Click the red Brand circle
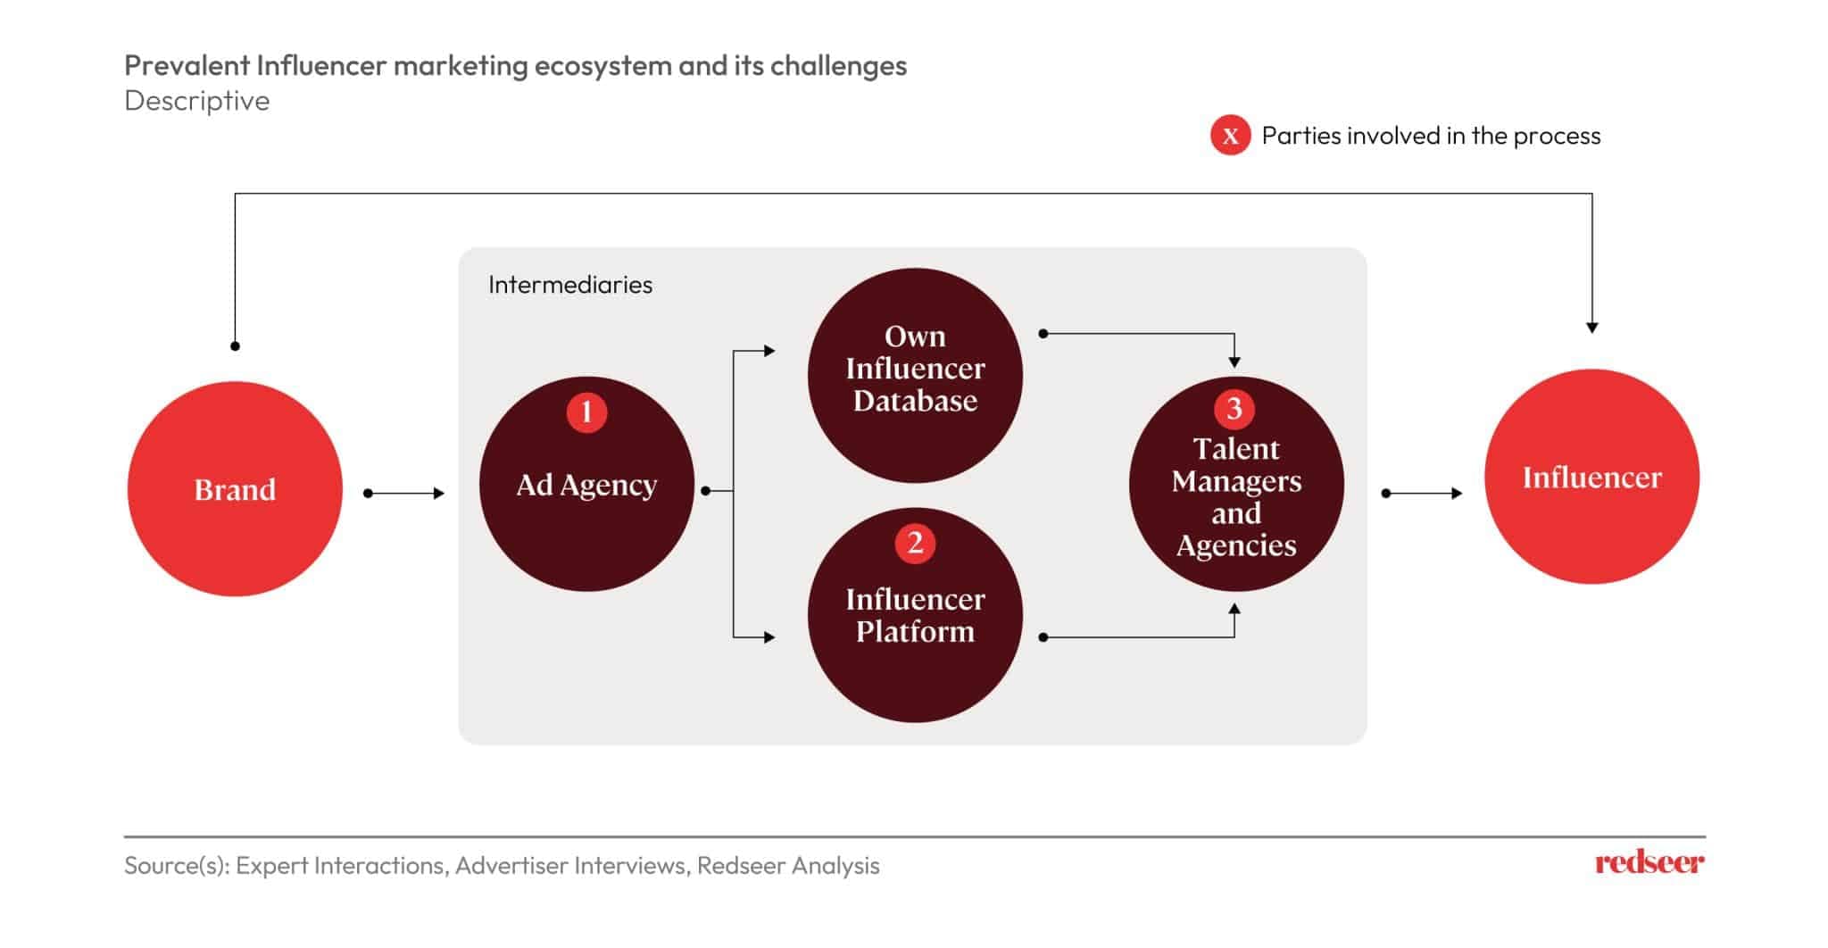(235, 488)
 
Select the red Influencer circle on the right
(1591, 477)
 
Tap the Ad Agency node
(586, 485)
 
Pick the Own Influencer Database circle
(915, 375)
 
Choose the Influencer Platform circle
(915, 616)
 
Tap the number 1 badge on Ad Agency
(586, 412)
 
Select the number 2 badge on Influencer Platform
(915, 544)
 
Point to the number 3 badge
(1234, 409)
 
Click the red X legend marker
(1230, 136)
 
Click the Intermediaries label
(570, 285)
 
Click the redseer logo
(1649, 862)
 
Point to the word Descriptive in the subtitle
(197, 101)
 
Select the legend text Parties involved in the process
(1431, 136)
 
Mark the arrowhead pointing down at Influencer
(1591, 328)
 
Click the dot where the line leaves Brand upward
(235, 345)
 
